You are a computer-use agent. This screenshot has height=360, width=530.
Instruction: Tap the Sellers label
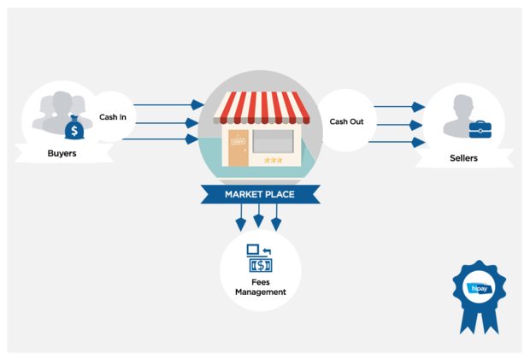(x=463, y=158)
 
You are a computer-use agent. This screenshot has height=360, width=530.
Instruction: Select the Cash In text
(x=114, y=117)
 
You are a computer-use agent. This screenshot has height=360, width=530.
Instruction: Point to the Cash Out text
(x=346, y=121)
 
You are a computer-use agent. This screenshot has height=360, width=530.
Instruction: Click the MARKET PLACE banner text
(x=259, y=194)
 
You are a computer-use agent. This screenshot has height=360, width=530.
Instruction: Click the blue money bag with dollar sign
(x=74, y=129)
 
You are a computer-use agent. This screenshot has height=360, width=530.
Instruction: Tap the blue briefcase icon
(x=480, y=129)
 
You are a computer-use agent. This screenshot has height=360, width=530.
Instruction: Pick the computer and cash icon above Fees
(x=260, y=257)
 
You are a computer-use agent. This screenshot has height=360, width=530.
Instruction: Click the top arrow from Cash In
(x=167, y=105)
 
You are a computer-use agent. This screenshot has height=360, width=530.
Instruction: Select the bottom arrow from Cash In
(x=167, y=139)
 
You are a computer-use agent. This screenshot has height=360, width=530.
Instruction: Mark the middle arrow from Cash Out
(x=398, y=125)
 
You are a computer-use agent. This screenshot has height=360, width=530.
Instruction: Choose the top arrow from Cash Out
(x=398, y=107)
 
